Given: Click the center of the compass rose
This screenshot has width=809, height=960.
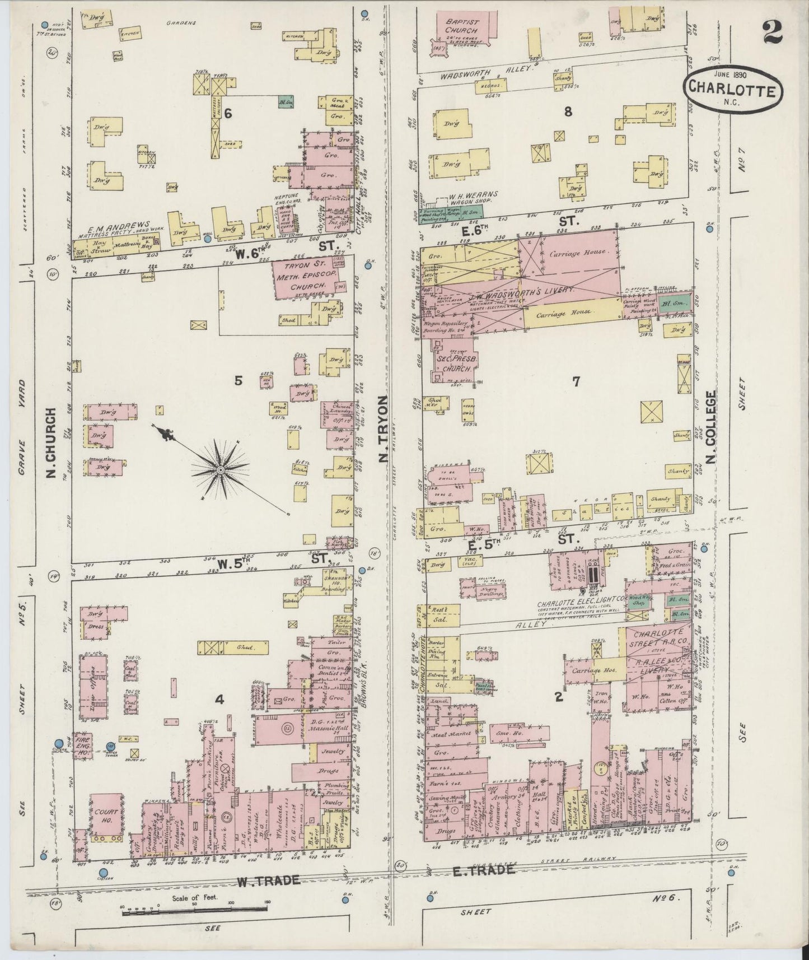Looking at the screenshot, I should [220, 468].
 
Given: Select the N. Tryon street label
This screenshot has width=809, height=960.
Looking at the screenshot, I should [384, 428].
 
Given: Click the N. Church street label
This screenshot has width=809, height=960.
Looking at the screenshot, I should [52, 442].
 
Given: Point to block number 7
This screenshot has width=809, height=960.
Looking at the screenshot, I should [576, 381].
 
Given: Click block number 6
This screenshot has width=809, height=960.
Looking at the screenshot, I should [227, 114].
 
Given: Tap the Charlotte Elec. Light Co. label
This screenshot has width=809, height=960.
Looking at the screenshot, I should [576, 604].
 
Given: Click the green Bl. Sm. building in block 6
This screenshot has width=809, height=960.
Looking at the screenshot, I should [285, 103].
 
